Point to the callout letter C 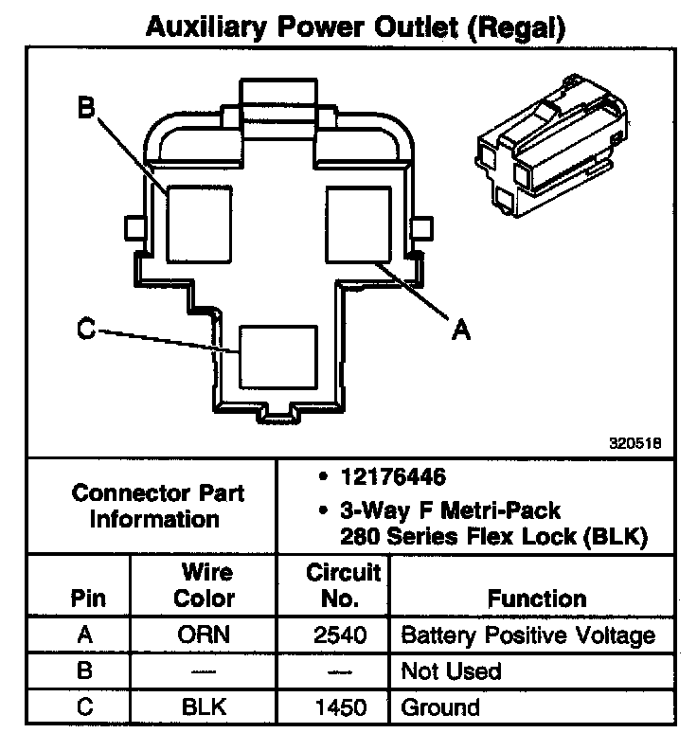click(x=85, y=330)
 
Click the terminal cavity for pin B click(x=200, y=223)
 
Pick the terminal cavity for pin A click(x=359, y=223)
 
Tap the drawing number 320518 click(x=634, y=443)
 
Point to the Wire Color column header click(x=206, y=585)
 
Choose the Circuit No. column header click(x=344, y=585)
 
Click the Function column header click(x=536, y=599)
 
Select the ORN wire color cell click(x=206, y=635)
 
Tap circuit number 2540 click(x=338, y=635)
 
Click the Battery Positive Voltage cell click(x=528, y=635)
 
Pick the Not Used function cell click(x=452, y=671)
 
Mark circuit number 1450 click(x=338, y=707)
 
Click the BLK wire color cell click(x=206, y=707)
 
